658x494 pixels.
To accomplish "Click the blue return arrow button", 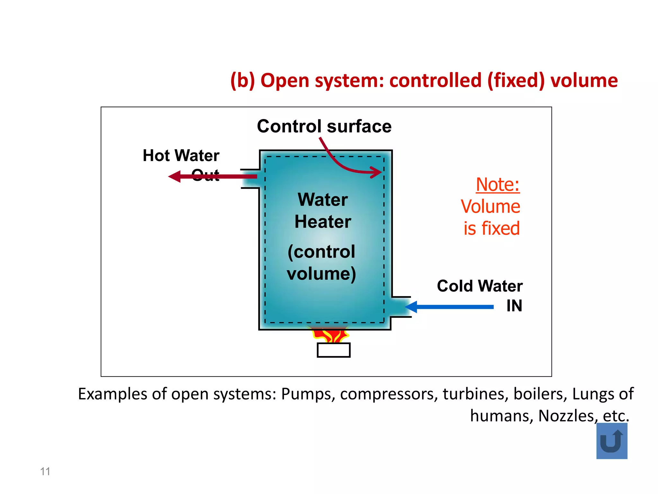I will point(611,441).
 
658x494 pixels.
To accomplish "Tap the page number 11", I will point(45,471).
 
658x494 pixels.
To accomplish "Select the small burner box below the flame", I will point(333,350).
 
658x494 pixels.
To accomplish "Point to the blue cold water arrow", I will point(450,307).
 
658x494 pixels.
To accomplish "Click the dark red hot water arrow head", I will point(175,176).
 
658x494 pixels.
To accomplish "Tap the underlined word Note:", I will point(497,185).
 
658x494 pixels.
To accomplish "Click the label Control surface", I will point(324,126).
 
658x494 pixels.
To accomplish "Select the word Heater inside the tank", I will point(323,222).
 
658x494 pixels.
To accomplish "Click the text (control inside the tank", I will point(321,252).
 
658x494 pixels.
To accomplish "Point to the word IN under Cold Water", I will point(514,306).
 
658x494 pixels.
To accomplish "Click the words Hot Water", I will point(181,155).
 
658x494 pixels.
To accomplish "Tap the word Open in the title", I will point(285,80).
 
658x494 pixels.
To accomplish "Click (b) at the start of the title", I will point(243,80).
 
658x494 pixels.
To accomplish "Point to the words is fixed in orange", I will point(491,228).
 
